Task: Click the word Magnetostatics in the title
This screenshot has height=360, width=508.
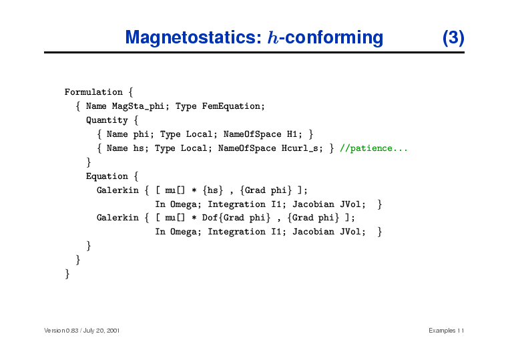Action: [194, 37]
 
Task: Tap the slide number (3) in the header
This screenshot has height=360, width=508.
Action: [453, 37]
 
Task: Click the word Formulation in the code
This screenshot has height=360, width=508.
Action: [93, 92]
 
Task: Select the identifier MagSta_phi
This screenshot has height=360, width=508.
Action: [138, 106]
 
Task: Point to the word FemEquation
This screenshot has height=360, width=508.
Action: [232, 106]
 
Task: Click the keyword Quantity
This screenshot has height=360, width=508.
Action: [107, 120]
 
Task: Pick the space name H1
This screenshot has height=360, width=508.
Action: [292, 134]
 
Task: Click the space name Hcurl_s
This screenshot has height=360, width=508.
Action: [300, 148]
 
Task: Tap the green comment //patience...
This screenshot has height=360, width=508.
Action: [374, 148]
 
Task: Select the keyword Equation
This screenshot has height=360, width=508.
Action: [107, 176]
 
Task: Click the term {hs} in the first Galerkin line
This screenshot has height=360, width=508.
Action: [213, 190]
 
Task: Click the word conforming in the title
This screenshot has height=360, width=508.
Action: [334, 37]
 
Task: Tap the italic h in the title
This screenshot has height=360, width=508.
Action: [273, 37]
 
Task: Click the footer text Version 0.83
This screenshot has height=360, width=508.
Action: [61, 331]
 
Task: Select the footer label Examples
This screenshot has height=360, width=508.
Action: [442, 331]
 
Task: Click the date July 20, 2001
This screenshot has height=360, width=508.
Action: [101, 331]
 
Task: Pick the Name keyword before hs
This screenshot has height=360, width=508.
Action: [117, 148]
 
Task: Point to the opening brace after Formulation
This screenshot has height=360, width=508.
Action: [131, 92]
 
